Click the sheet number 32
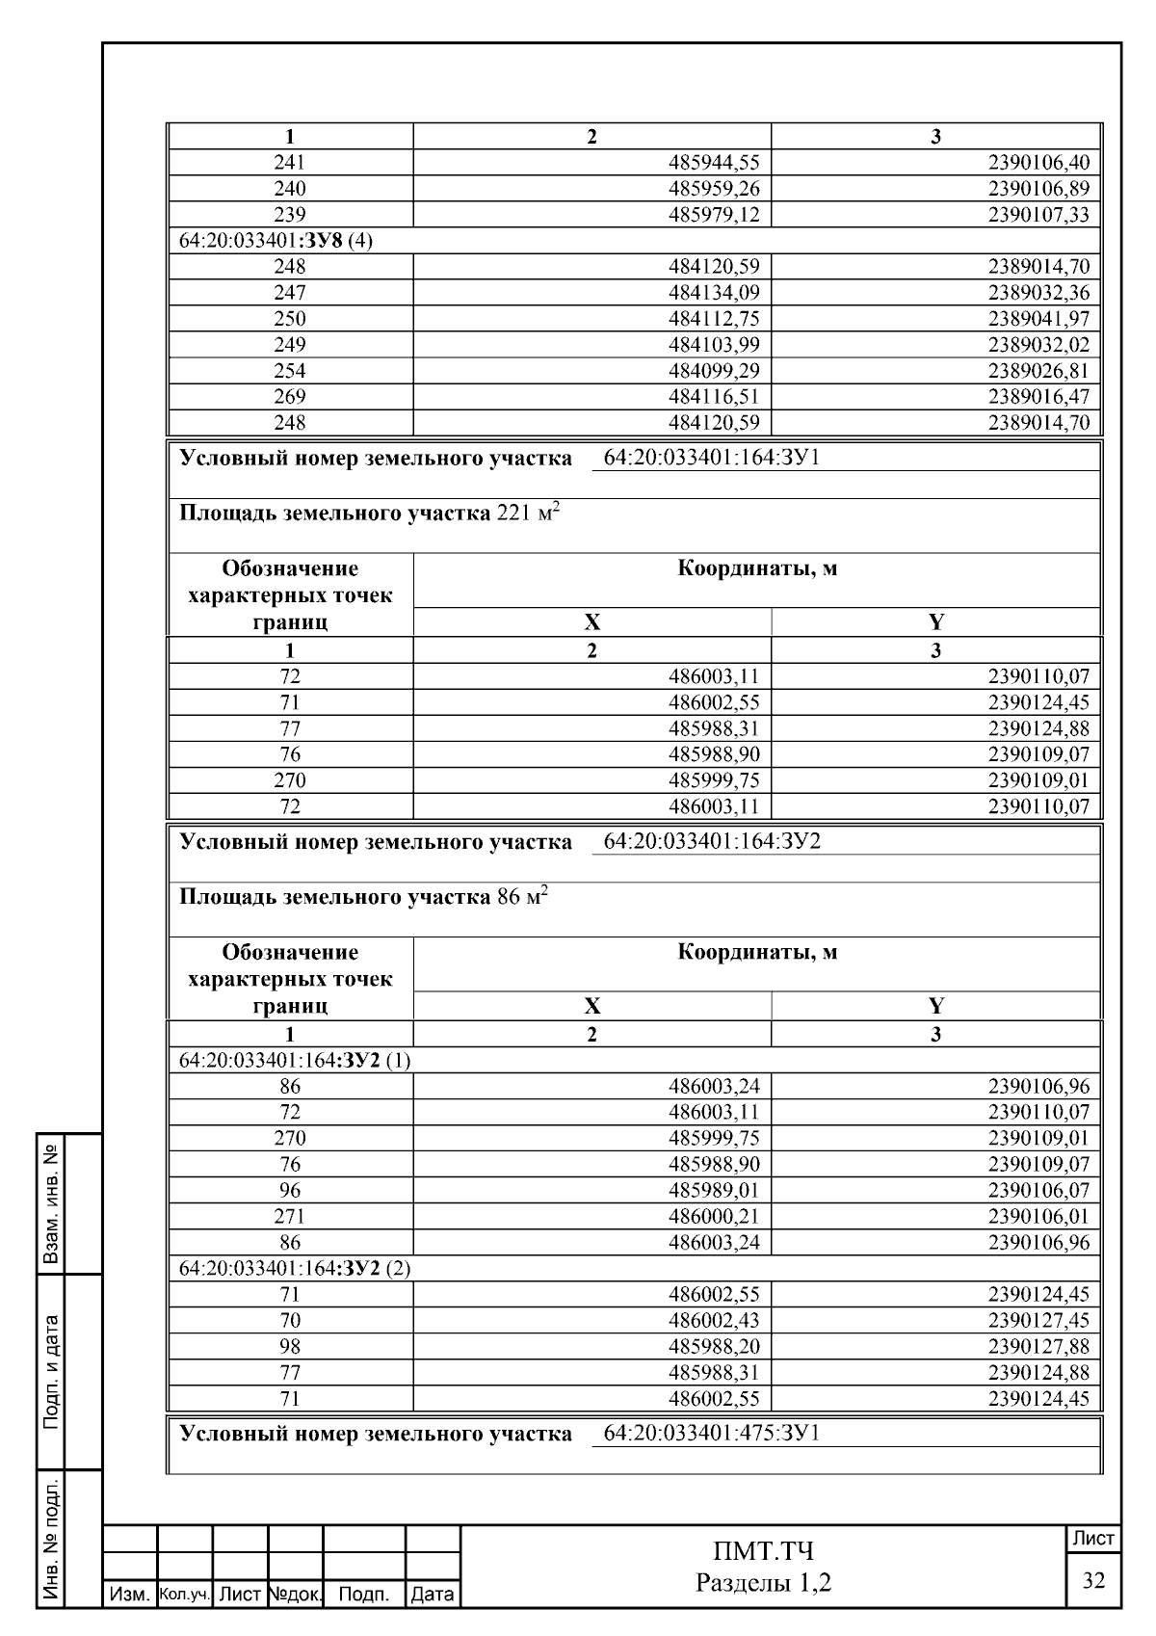1093,1581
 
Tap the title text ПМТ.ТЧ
763,1551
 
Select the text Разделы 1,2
763,1582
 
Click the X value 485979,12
714,214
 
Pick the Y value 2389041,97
1038,318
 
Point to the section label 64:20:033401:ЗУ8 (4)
276,240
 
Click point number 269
290,396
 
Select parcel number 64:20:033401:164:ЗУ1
711,458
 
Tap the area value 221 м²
527,513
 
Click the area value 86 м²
521,897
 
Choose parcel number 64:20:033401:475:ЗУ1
711,1433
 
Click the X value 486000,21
714,1216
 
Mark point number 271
290,1216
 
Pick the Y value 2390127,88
1038,1346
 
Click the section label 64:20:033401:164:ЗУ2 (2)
295,1268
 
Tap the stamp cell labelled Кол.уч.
184,1595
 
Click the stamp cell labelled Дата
432,1595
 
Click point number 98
290,1346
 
